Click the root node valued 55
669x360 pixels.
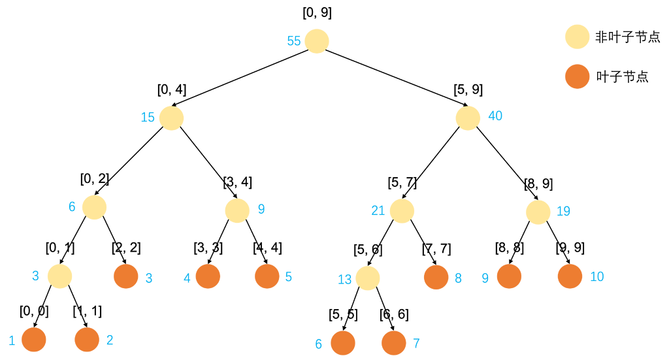tap(317, 41)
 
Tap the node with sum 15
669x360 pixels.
tap(171, 118)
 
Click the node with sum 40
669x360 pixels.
tap(468, 118)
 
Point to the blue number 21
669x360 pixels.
tap(378, 210)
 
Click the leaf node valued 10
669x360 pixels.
tap(570, 276)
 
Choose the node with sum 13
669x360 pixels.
tap(368, 278)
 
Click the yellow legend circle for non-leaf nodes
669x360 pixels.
tap(578, 37)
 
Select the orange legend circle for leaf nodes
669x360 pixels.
tap(578, 76)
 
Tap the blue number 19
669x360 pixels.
tap(564, 211)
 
